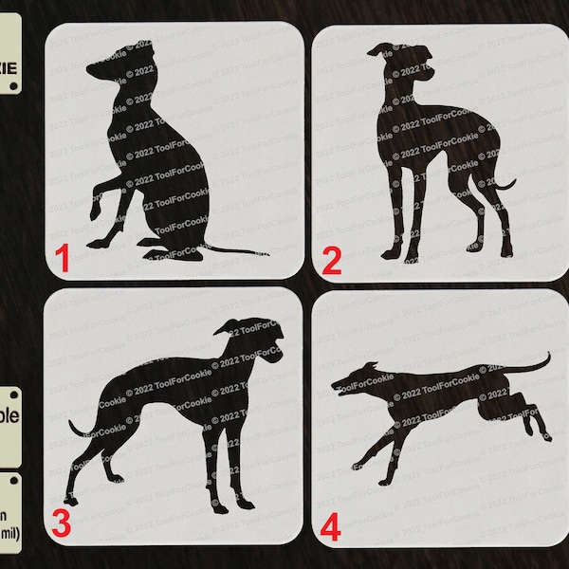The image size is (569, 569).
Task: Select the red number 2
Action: coord(331,259)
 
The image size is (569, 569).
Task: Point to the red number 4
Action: coord(331,526)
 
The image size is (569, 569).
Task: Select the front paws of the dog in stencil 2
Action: coord(398,254)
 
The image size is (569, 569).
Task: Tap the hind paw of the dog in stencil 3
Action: coord(68,495)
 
